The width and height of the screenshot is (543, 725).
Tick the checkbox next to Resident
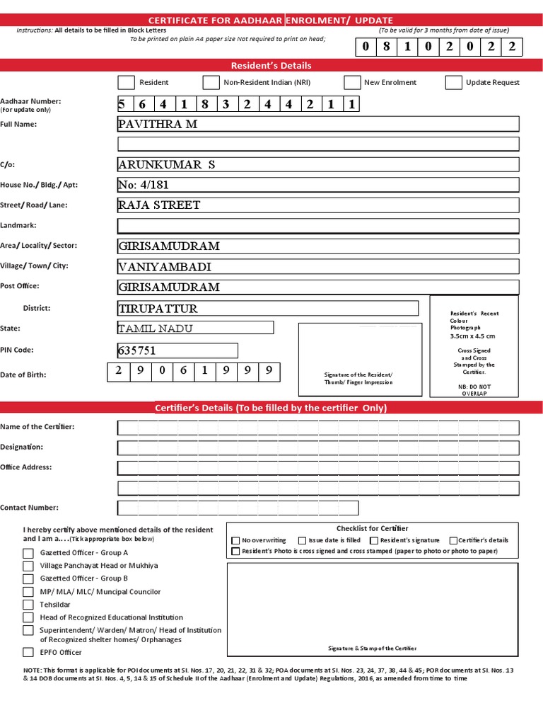point(126,83)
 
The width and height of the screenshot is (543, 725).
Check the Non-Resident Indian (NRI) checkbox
point(211,83)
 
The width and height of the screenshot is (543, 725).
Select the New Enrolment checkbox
point(352,83)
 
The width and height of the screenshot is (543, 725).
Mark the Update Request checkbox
point(454,83)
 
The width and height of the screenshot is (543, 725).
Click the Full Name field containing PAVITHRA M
point(318,125)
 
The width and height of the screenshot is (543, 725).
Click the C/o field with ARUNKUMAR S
point(318,165)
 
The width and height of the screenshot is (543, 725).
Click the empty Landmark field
point(318,226)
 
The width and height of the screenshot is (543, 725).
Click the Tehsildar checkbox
point(28,605)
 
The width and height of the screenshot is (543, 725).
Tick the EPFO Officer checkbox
point(28,652)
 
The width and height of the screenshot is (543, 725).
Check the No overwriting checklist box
point(236,540)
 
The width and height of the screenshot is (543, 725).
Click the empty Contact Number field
point(238,508)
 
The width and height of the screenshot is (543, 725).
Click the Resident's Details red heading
point(271,66)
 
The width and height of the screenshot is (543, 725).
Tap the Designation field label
point(21,447)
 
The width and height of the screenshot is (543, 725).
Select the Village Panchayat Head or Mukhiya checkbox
point(28,566)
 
